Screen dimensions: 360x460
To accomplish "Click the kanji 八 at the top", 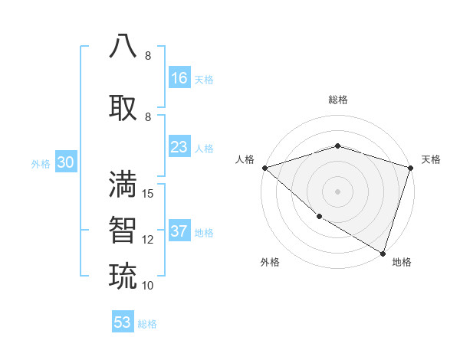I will pos(123,47).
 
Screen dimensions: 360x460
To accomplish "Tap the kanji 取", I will pos(123,107).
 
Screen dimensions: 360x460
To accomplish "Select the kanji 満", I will pos(123,185).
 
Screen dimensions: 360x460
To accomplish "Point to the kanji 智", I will pos(123,230).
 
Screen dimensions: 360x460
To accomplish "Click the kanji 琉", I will pos(123,275).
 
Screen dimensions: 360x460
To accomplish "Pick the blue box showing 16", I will pos(179,78).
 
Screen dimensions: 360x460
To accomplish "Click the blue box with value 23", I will pos(179,147).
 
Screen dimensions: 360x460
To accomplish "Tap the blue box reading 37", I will pos(179,232).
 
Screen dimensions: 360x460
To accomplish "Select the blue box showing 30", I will pos(65,163).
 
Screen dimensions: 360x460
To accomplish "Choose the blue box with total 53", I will pos(123,322).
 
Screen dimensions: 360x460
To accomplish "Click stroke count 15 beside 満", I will pos(149,194).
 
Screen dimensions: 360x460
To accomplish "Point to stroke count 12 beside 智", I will pos(149,240).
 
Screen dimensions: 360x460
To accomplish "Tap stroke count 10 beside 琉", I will pos(149,285).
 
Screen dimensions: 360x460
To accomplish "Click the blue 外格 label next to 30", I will pos(41,164).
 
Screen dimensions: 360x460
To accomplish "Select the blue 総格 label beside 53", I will pos(147,324).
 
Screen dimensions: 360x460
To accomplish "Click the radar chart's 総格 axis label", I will pos(337,100).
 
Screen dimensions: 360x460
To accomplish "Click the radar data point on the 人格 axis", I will pos(264,168).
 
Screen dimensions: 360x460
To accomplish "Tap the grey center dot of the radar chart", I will pos(337,191).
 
